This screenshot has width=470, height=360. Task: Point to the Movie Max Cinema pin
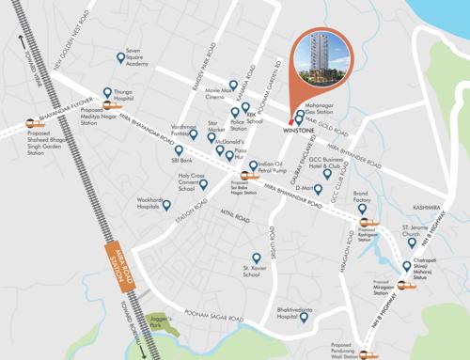pos(219,82)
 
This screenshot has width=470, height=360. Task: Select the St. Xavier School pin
pos(254,258)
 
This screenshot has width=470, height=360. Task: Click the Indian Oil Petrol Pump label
pos(271,167)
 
